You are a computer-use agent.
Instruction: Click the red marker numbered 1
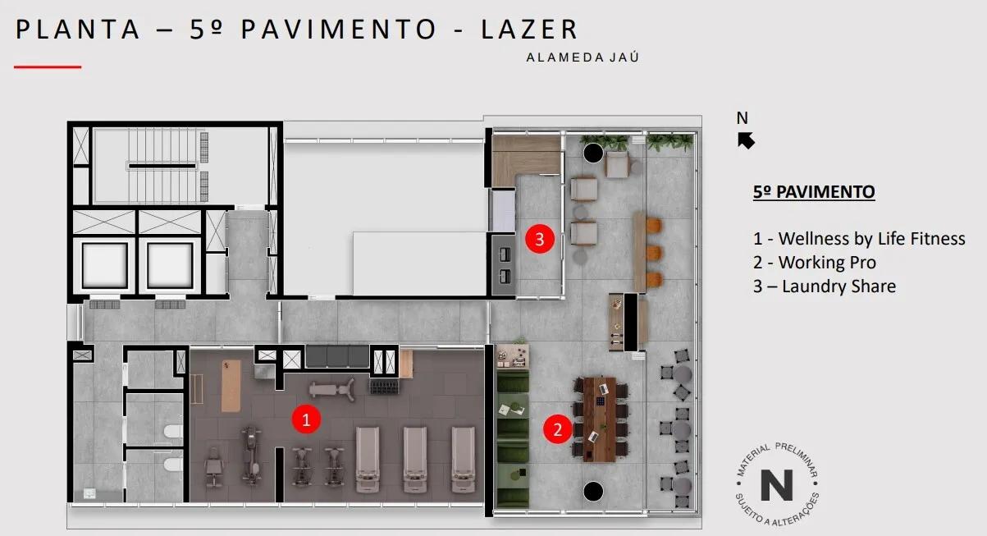click(x=306, y=419)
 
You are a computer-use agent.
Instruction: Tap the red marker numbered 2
click(x=557, y=429)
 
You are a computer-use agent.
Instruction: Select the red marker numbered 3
click(x=540, y=239)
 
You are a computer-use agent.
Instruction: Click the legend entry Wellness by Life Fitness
click(x=859, y=239)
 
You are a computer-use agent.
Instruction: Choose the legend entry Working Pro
click(x=814, y=263)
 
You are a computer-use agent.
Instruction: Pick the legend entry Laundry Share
click(x=825, y=286)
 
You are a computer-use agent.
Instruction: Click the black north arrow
click(x=746, y=140)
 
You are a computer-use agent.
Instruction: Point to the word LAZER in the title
click(x=528, y=29)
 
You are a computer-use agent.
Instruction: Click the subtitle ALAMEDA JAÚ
click(x=583, y=57)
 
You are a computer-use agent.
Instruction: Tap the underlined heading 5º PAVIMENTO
click(x=814, y=192)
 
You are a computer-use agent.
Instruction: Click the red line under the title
click(x=48, y=67)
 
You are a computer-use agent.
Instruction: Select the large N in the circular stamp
click(x=776, y=485)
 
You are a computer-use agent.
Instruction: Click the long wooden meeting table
click(x=599, y=419)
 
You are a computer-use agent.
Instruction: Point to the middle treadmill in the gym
click(x=415, y=459)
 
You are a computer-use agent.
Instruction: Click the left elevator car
click(x=105, y=265)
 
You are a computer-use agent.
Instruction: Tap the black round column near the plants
click(x=593, y=153)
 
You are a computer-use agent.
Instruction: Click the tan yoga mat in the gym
click(x=231, y=386)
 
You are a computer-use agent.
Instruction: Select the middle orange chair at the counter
click(x=654, y=253)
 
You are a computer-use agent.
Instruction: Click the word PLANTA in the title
click(x=78, y=29)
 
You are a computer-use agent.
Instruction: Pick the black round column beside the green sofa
click(x=593, y=491)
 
